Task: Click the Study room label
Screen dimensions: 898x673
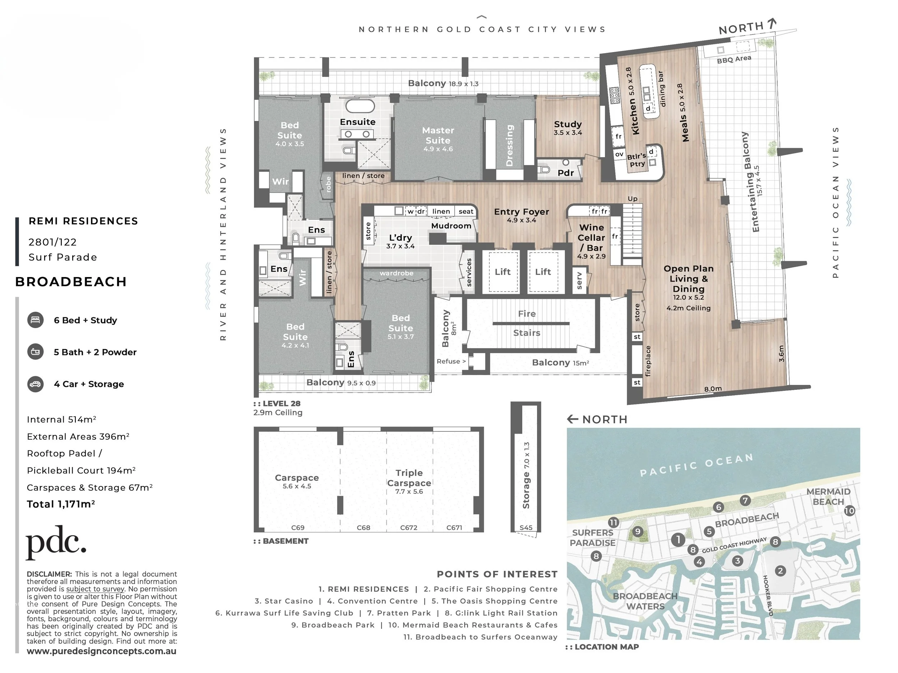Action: [x=568, y=124]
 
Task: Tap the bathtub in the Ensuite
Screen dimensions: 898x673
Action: [x=360, y=106]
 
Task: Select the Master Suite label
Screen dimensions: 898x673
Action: [x=438, y=135]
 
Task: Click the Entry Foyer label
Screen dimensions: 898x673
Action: [x=521, y=212]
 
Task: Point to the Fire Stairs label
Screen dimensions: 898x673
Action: [x=527, y=323]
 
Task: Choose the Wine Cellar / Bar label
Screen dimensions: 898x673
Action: [x=592, y=238]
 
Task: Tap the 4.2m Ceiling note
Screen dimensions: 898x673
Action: [x=689, y=308]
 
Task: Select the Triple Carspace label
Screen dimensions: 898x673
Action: [x=409, y=478]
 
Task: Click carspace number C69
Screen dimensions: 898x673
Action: [x=298, y=528]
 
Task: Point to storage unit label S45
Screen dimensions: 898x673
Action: [x=526, y=528]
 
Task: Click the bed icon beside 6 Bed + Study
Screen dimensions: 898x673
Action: [x=36, y=320]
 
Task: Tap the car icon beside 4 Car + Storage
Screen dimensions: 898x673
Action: [x=36, y=384]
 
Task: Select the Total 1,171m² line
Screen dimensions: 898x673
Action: [x=61, y=504]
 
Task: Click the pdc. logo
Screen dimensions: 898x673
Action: [x=56, y=542]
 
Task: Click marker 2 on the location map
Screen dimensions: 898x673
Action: [x=780, y=571]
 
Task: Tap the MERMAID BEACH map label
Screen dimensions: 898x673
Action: [x=828, y=496]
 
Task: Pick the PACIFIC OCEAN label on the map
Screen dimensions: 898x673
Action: [x=696, y=465]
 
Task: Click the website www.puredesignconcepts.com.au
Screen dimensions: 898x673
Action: [x=102, y=651]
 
